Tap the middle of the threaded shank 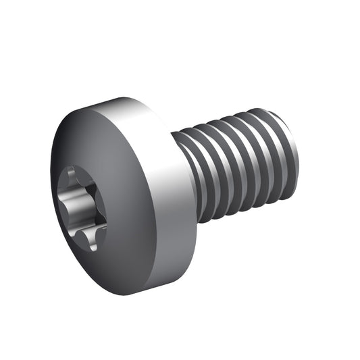click(236, 165)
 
